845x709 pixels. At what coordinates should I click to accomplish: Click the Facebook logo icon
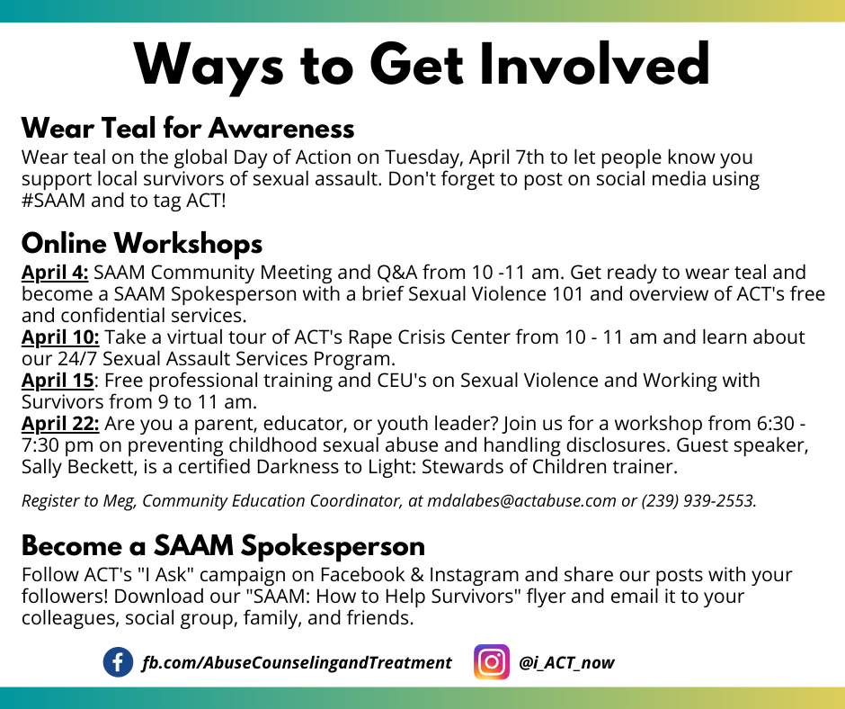(x=118, y=662)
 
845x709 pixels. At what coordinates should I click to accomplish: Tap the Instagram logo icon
(x=492, y=661)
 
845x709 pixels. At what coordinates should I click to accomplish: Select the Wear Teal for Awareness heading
(x=188, y=129)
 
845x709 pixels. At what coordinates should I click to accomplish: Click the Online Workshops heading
(x=142, y=243)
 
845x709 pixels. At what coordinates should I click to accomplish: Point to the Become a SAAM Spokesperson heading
(x=223, y=546)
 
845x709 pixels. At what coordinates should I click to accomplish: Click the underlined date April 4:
(x=55, y=273)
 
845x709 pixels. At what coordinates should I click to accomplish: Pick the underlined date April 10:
(x=60, y=337)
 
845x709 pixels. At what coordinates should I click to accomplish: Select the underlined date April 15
(x=58, y=381)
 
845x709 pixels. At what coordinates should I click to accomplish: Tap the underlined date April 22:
(x=60, y=424)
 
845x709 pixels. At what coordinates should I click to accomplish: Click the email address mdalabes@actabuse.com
(x=521, y=501)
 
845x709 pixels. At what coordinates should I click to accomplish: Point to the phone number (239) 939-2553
(x=699, y=501)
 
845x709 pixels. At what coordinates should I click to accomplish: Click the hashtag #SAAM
(x=53, y=200)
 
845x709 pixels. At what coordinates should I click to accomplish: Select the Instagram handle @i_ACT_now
(x=566, y=662)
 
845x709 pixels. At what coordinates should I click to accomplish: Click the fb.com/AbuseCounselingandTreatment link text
(x=297, y=662)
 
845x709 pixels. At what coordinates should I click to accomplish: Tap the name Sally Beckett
(x=79, y=467)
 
